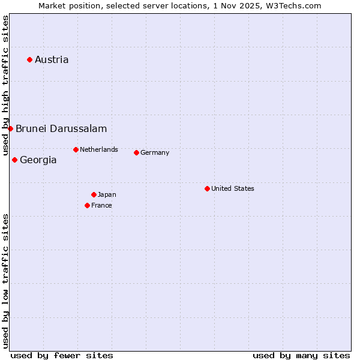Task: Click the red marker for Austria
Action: pyautogui.click(x=29, y=59)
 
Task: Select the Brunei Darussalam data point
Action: pyautogui.click(x=10, y=128)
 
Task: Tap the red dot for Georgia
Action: pyautogui.click(x=14, y=160)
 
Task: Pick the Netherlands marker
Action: pyautogui.click(x=76, y=149)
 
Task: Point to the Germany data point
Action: pyautogui.click(x=136, y=152)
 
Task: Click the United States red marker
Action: pyautogui.click(x=207, y=188)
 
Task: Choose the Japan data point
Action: pyautogui.click(x=94, y=194)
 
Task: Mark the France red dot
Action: pyautogui.click(x=87, y=205)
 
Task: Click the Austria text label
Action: pyautogui.click(x=52, y=59)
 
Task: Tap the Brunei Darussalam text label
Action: pyautogui.click(x=61, y=128)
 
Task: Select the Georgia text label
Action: pyautogui.click(x=38, y=160)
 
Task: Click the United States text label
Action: pyautogui.click(x=233, y=188)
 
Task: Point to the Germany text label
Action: pyautogui.click(x=155, y=152)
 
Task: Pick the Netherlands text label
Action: pyautogui.click(x=99, y=149)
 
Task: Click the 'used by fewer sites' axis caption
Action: pyautogui.click(x=62, y=355)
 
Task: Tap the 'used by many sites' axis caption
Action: pyautogui.click(x=301, y=355)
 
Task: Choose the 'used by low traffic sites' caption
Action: pyautogui.click(x=5, y=281)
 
